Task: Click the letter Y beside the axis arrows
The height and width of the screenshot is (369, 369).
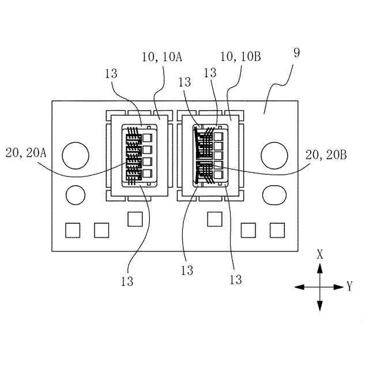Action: pyautogui.click(x=349, y=286)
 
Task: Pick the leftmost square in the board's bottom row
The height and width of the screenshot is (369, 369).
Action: pyautogui.click(x=72, y=230)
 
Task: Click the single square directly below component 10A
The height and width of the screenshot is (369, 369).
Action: pyautogui.click(x=135, y=219)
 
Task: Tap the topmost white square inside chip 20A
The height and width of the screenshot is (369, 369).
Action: pyautogui.click(x=148, y=138)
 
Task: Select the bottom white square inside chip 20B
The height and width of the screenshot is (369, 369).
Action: pyautogui.click(x=218, y=174)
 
